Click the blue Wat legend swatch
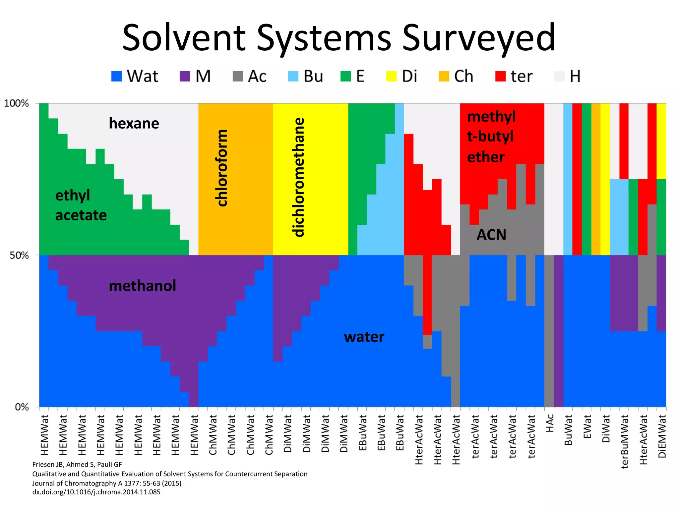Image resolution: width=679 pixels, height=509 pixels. (116, 77)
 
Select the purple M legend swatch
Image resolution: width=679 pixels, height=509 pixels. (185, 77)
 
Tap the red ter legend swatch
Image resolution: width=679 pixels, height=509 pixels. (500, 77)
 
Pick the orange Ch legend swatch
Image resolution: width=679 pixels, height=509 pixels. (444, 77)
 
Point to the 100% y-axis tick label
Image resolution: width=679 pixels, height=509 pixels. (17, 103)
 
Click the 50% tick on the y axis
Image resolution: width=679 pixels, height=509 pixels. (19, 255)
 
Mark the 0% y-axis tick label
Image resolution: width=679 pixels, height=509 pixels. (22, 407)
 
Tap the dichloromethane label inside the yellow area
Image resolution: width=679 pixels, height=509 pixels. (299, 177)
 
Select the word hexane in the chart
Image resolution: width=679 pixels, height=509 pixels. (134, 123)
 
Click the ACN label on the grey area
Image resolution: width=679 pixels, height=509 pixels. (491, 235)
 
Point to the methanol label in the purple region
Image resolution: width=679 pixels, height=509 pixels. (142, 286)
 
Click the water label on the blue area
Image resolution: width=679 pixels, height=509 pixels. (364, 337)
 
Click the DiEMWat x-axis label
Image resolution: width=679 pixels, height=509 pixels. (662, 436)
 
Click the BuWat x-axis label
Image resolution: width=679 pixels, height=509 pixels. (568, 430)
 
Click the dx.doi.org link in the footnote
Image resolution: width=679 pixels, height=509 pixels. (96, 492)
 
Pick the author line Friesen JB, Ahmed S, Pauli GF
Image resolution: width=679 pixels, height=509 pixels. (77, 465)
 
